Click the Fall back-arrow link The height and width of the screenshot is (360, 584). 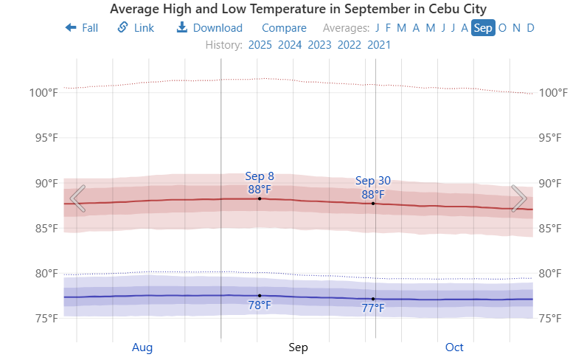click(82, 28)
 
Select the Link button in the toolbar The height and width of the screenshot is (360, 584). click(136, 28)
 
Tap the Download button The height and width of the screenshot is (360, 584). click(209, 28)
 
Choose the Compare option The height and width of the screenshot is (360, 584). click(284, 28)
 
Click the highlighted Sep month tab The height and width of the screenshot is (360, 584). click(484, 28)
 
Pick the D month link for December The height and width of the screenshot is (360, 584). click(531, 28)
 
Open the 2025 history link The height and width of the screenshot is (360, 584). click(260, 44)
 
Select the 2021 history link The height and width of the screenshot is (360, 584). click(379, 44)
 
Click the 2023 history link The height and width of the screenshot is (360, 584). click(319, 44)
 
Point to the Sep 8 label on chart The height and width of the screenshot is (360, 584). click(260, 176)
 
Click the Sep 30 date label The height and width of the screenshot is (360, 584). click(373, 181)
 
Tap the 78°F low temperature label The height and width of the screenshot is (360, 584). click(259, 305)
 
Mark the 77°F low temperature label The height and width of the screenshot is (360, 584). click(373, 308)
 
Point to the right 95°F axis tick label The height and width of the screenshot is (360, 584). click(554, 138)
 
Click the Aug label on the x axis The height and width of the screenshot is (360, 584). click(142, 347)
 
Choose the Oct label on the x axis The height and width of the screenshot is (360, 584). click(455, 347)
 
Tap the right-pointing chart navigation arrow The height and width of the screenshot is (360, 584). click(518, 198)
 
